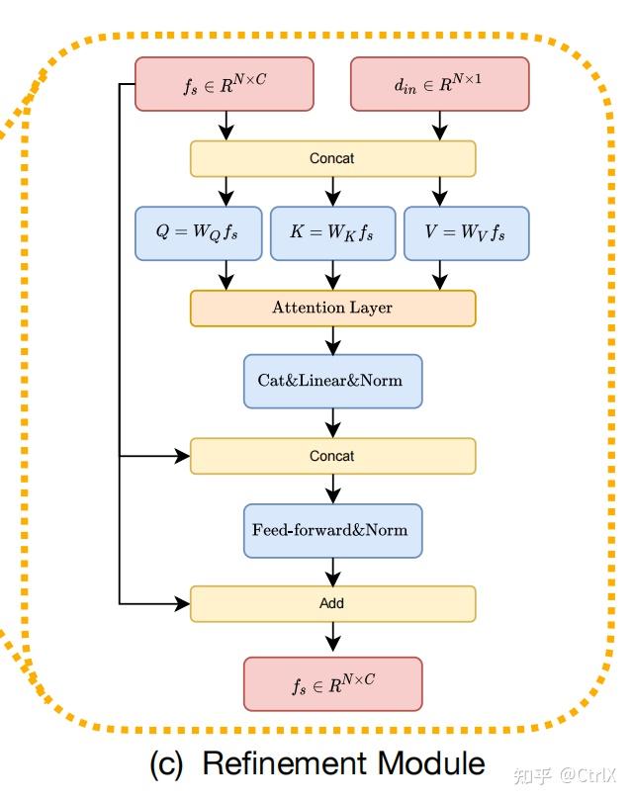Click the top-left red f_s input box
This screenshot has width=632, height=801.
click(225, 84)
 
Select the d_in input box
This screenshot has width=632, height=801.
click(440, 84)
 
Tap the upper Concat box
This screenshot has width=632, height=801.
click(332, 159)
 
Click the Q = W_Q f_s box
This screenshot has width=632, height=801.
click(198, 233)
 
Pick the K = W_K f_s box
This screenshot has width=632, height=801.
click(332, 233)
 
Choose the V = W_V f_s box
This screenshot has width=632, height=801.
click(467, 233)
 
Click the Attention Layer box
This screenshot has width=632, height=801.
click(332, 308)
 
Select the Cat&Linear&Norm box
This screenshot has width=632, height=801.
click(332, 381)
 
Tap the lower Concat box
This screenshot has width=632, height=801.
click(332, 456)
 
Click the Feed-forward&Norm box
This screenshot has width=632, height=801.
click(332, 531)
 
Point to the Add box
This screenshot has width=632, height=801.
click(332, 604)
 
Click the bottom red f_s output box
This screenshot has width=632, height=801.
click(332, 684)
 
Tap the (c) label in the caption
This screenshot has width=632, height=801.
click(166, 764)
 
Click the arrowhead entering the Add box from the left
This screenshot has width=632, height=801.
click(183, 604)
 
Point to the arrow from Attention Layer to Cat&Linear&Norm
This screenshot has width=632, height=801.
click(333, 341)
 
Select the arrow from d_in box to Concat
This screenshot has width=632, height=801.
click(440, 126)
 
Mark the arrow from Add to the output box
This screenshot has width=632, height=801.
click(333, 637)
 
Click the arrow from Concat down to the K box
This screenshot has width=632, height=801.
click(333, 192)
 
